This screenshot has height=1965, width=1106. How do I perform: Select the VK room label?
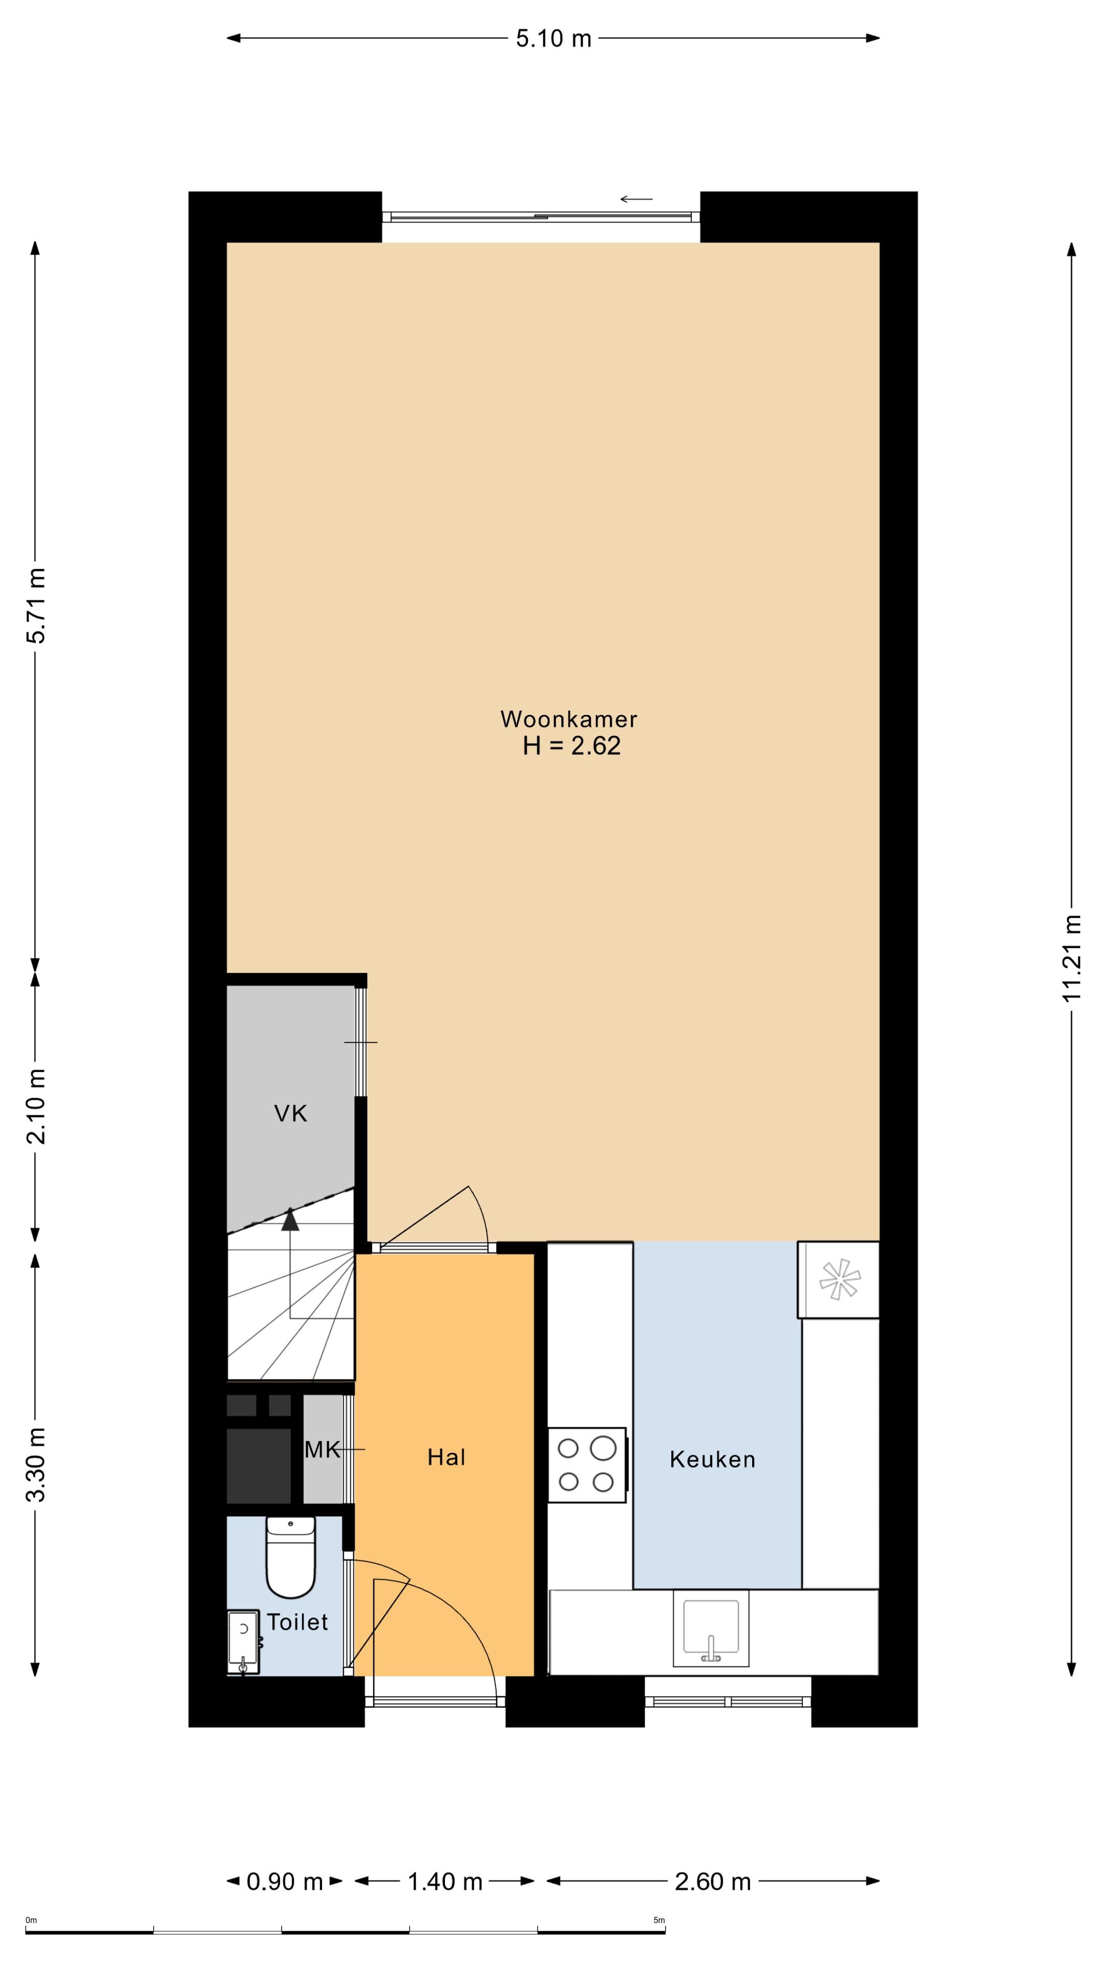coord(290,1113)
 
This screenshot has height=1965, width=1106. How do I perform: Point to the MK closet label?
coord(322,1449)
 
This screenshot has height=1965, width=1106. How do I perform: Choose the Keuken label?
coord(712,1459)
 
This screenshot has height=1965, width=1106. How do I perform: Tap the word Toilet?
coord(297,1622)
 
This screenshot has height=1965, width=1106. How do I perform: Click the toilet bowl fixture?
coord(290,1556)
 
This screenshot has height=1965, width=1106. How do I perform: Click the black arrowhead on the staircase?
coord(290,1220)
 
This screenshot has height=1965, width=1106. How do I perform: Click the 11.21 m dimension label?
coord(1072,958)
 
